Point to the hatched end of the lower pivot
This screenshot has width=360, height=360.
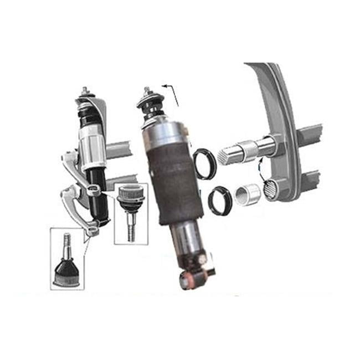(271, 191)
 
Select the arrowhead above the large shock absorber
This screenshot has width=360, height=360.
(164, 86)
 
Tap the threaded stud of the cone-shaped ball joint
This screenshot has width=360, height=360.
(66, 244)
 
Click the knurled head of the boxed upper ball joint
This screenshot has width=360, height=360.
(131, 194)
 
